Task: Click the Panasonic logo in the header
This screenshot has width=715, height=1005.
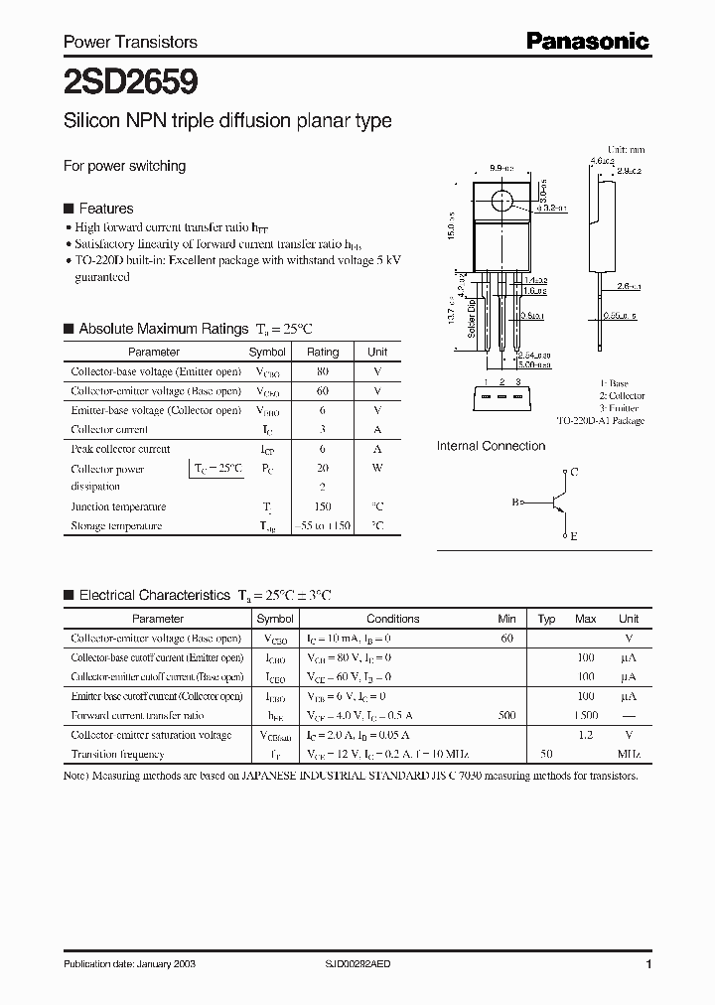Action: tap(587, 41)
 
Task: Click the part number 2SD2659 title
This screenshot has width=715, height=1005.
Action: tap(116, 80)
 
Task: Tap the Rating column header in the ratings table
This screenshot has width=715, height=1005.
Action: tap(323, 352)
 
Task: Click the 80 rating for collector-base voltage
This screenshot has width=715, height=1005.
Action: tap(323, 371)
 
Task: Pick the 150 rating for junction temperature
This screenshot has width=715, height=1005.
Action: tap(323, 506)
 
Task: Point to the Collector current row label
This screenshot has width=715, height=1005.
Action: tap(109, 430)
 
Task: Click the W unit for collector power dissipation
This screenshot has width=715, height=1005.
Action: tap(377, 468)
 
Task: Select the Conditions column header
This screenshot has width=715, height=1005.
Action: tap(393, 619)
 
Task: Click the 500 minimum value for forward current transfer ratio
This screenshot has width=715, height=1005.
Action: tap(507, 715)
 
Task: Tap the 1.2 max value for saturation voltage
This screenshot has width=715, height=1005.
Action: tap(585, 735)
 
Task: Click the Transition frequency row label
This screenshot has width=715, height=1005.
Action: tap(117, 754)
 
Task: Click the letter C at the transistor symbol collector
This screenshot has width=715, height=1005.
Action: tap(574, 472)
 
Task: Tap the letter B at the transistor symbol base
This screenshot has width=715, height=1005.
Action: tap(515, 502)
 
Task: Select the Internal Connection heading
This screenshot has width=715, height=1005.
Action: tap(491, 446)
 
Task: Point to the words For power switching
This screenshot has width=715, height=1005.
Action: tap(124, 166)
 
